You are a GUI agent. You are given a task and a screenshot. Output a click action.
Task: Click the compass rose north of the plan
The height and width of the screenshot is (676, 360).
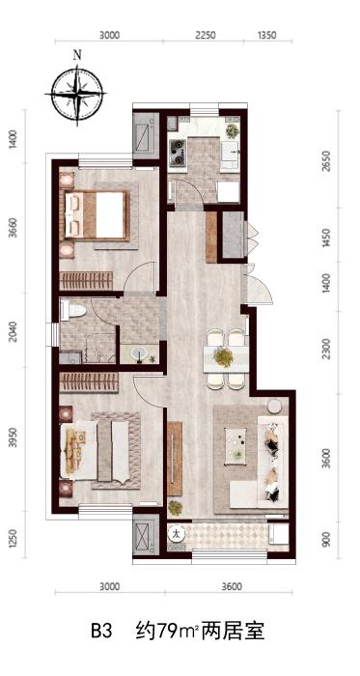coord(76,94)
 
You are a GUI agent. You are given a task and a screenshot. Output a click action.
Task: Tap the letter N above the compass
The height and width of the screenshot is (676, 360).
coord(77,55)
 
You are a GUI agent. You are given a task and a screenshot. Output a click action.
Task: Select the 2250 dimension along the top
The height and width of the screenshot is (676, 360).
coord(205,35)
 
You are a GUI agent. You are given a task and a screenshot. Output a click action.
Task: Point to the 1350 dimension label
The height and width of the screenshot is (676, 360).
coord(266,35)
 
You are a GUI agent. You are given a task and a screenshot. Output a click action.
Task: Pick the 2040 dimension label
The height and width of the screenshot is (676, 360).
coord(13,331)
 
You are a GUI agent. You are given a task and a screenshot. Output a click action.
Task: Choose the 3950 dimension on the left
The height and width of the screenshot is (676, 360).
coord(13,437)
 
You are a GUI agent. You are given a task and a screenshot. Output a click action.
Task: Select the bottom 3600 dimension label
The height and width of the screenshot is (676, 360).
coord(232,586)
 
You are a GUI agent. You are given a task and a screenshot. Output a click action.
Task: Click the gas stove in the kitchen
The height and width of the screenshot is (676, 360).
coord(177,153)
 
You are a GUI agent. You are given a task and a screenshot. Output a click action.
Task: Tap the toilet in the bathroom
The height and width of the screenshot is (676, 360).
coord(73,310)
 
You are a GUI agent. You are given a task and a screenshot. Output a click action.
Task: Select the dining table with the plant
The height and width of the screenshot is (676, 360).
coord(226,358)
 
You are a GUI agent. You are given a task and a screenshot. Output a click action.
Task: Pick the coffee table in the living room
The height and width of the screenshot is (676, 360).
coord(235,446)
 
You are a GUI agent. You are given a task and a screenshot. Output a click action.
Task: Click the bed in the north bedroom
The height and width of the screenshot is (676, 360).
coord(97,215)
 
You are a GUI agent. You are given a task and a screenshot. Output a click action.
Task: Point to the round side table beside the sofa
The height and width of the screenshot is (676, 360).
coord(274,407)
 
